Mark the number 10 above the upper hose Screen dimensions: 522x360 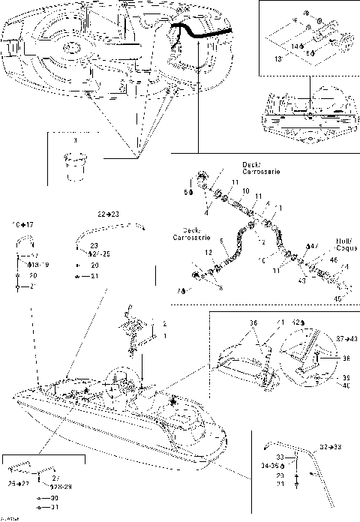(245, 191)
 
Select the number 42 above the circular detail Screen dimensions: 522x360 (298, 322)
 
